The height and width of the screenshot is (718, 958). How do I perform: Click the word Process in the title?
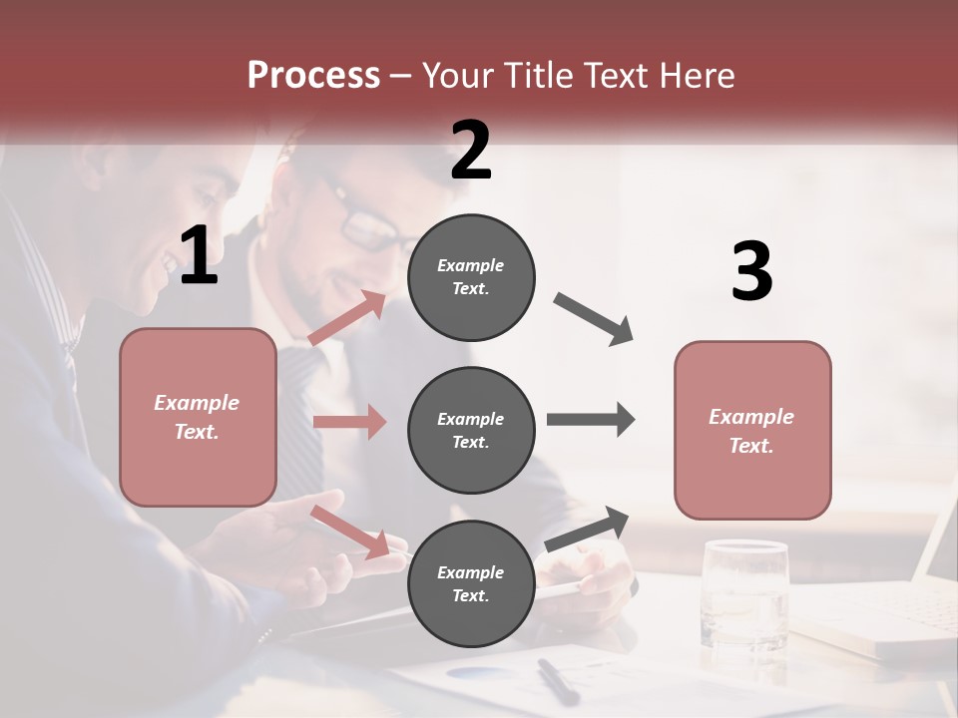(x=313, y=76)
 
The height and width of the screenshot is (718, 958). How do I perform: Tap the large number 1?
(x=199, y=257)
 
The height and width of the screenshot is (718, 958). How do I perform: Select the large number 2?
(x=471, y=151)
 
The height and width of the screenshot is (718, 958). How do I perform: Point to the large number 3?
(x=751, y=272)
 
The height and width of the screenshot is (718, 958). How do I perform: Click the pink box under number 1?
(x=198, y=417)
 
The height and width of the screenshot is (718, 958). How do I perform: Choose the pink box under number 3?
(x=752, y=430)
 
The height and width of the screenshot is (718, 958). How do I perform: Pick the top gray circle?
(x=471, y=277)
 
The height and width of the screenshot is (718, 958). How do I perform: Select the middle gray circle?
(x=471, y=430)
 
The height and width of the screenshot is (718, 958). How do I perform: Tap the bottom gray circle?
(x=471, y=583)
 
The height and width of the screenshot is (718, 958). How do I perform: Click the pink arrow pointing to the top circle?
(x=347, y=318)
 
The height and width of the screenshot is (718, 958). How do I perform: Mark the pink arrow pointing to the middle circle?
(x=349, y=422)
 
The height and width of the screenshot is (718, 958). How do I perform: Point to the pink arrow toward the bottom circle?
(x=349, y=532)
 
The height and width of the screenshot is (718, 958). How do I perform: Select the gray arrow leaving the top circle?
(x=594, y=319)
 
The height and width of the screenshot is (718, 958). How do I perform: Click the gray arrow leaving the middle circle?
(x=591, y=419)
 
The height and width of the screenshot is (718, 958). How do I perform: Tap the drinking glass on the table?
(x=744, y=593)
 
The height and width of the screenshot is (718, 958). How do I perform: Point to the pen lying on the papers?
(x=558, y=681)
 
